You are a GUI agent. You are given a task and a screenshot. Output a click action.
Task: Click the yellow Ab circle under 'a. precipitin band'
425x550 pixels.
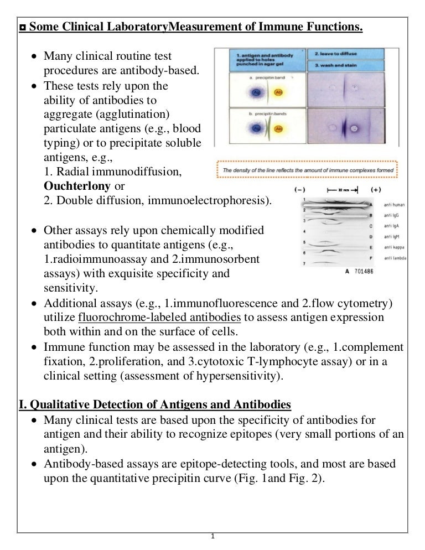coord(277,92)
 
